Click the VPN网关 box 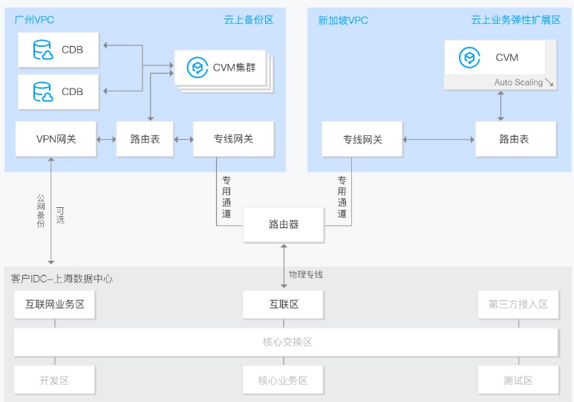click(x=56, y=139)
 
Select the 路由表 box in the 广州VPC click(x=143, y=139)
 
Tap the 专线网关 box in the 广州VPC click(x=233, y=139)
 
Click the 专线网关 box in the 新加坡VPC click(x=362, y=139)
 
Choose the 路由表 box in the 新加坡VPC click(x=515, y=139)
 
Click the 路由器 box click(x=284, y=224)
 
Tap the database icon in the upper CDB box click(x=43, y=51)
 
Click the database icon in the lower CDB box click(x=43, y=92)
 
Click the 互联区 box click(x=284, y=304)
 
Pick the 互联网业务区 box click(x=55, y=304)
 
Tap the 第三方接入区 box click(x=518, y=304)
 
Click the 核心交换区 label click(x=287, y=342)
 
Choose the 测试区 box click(x=518, y=380)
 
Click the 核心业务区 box click(x=283, y=380)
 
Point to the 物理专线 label click(x=306, y=275)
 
